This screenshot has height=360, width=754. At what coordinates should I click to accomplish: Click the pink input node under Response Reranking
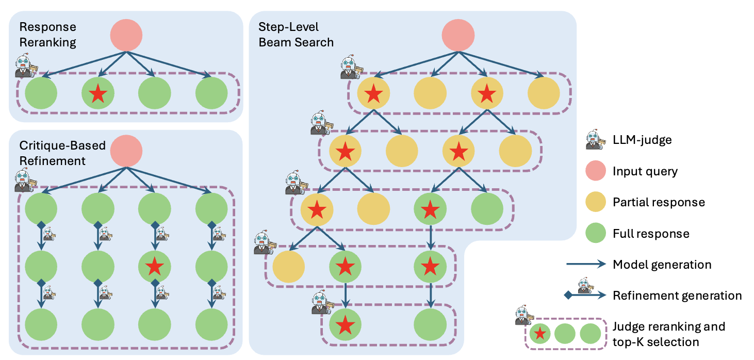pos(126,36)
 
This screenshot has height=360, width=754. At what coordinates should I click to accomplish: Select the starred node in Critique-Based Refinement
pos(154,266)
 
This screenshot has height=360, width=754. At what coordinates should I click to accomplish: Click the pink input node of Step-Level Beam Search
pos(458,36)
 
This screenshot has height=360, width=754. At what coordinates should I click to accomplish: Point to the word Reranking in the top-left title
pos(48,42)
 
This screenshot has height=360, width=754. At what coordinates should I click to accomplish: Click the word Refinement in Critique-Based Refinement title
pos(53,161)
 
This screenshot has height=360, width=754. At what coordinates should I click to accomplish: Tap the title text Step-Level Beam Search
pos(296,35)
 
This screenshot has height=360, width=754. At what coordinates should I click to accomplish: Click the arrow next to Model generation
pos(586,265)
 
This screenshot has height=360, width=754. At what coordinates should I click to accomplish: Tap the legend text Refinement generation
pos(677,296)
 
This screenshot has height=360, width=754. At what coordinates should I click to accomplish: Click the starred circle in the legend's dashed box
pos(539,334)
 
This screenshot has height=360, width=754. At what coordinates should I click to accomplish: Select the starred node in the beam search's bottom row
pos(345,325)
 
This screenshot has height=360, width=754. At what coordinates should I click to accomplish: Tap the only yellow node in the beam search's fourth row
pos(288,267)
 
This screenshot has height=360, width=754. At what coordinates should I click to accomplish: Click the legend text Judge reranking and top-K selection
pos(669,334)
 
